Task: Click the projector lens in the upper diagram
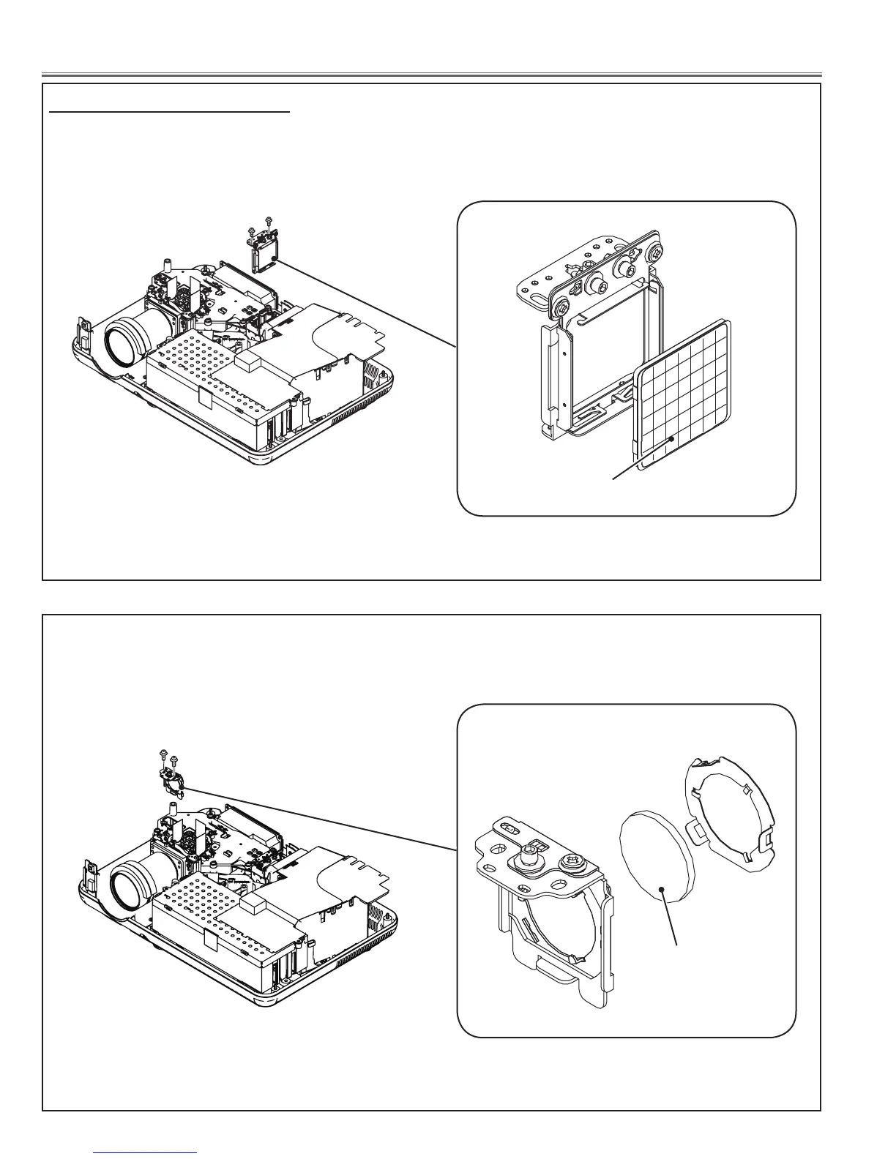tap(122, 345)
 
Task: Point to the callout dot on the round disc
tap(662, 890)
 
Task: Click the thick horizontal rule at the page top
tap(432, 75)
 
